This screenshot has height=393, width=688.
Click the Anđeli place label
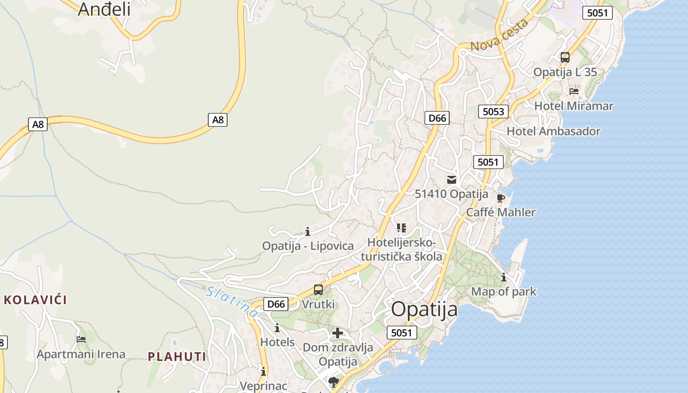(x=104, y=9)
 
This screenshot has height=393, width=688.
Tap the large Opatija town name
(x=425, y=309)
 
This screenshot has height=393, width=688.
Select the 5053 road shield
(x=493, y=112)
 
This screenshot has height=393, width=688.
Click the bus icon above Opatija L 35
(x=565, y=57)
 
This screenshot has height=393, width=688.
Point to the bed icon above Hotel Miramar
(x=573, y=91)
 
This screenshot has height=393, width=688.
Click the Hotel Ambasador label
(x=553, y=132)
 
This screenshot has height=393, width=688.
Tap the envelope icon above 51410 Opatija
(x=452, y=180)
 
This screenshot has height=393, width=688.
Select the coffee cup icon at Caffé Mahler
(x=501, y=198)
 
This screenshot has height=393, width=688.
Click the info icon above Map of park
(x=504, y=278)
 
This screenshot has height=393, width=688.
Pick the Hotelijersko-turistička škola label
(x=401, y=250)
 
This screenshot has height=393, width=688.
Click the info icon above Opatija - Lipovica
(x=308, y=231)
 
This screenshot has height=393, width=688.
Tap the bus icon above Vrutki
(x=318, y=290)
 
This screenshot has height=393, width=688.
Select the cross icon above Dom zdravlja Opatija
(x=338, y=333)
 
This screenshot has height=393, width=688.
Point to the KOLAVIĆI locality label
(x=35, y=300)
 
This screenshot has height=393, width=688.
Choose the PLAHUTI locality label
(x=177, y=357)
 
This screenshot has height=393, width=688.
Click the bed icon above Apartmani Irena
(x=81, y=339)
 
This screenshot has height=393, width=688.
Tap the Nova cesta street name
(x=499, y=35)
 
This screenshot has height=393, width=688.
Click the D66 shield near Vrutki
(x=276, y=304)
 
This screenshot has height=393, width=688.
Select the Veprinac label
(x=263, y=386)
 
